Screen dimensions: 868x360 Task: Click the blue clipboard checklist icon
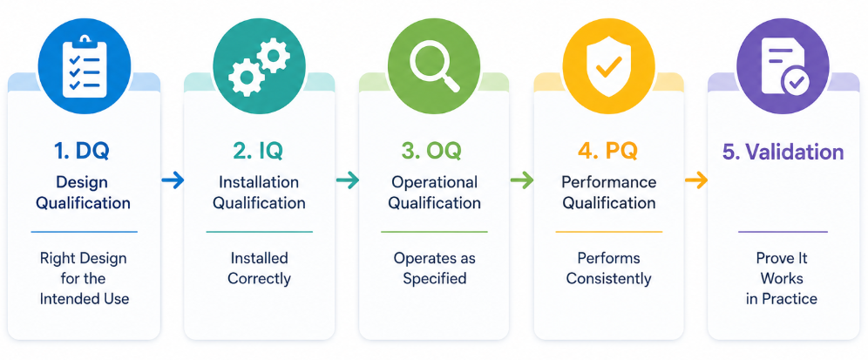pyautogui.click(x=85, y=67)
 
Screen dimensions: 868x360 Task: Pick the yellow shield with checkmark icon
pyautogui.click(x=609, y=67)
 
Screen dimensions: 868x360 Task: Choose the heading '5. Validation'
pyautogui.click(x=783, y=151)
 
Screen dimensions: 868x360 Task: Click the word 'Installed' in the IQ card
pyautogui.click(x=259, y=257)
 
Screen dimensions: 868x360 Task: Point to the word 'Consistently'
pyautogui.click(x=609, y=278)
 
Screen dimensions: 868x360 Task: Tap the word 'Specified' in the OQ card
pyautogui.click(x=435, y=278)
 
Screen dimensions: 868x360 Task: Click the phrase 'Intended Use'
pyautogui.click(x=85, y=298)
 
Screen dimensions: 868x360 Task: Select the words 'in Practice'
pyautogui.click(x=782, y=298)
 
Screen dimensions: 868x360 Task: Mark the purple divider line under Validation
pyautogui.click(x=783, y=232)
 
